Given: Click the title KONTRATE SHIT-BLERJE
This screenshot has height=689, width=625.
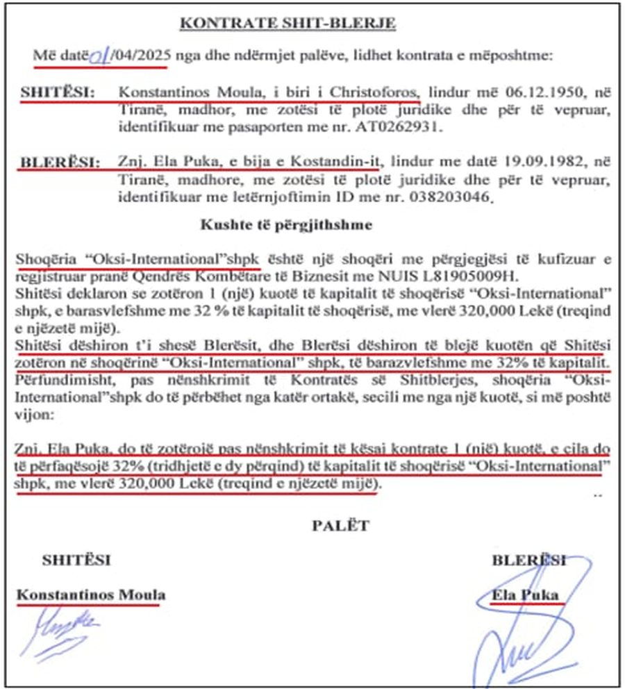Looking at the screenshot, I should [x=287, y=24].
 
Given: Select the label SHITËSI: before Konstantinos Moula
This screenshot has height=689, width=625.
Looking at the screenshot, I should [x=58, y=92].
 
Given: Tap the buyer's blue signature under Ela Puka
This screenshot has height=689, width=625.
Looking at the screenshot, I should [x=528, y=639].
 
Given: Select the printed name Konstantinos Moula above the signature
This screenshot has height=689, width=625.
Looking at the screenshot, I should [x=91, y=595].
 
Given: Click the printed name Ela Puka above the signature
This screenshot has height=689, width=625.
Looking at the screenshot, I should [x=525, y=595].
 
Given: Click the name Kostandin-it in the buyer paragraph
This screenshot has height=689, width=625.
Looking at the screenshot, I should [x=343, y=163].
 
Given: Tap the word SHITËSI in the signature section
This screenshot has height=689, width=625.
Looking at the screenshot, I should [x=76, y=559].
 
